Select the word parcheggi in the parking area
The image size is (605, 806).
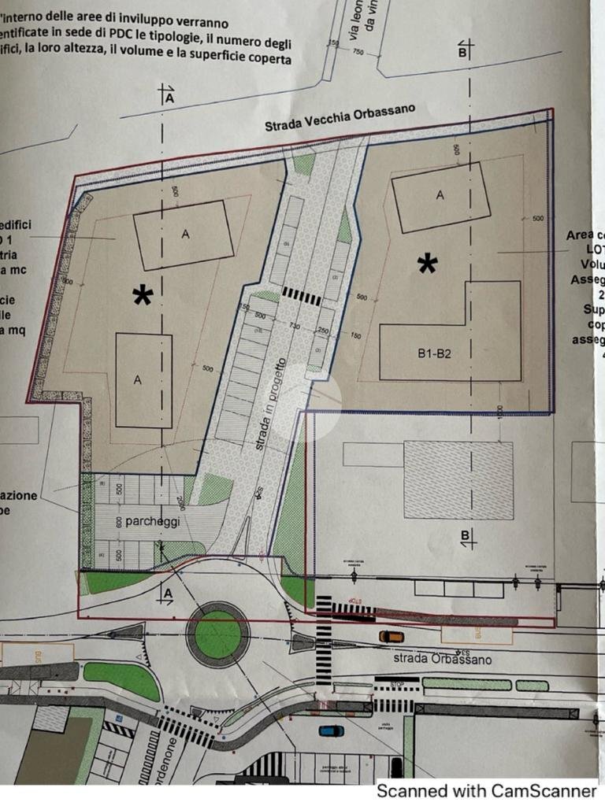(135, 521)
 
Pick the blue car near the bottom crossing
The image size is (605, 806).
(332, 730)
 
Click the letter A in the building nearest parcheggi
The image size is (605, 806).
(137, 380)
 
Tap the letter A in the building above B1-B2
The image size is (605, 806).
(440, 195)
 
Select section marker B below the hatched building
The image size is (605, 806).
(465, 538)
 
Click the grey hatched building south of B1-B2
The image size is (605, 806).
(458, 479)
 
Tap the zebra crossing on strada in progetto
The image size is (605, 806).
(301, 295)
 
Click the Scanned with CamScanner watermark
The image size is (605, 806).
(486, 790)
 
